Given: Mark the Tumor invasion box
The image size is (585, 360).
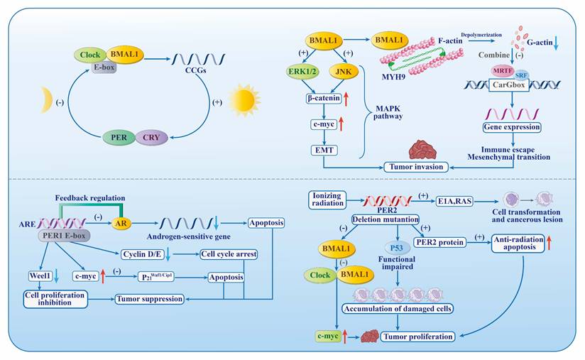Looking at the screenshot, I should tap(415, 166).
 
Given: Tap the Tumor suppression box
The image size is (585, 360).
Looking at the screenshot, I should tap(151, 299).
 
